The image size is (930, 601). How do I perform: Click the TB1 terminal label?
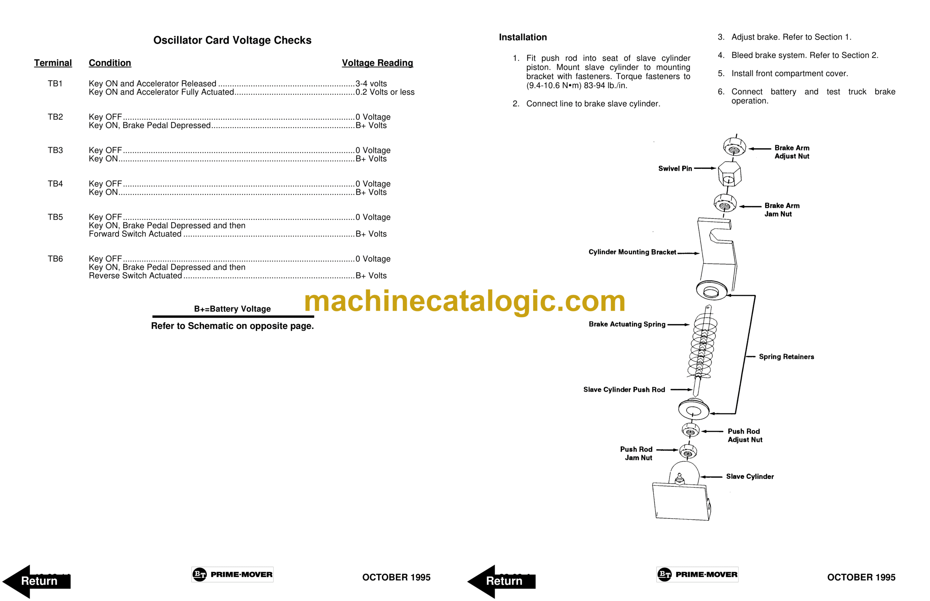(x=55, y=83)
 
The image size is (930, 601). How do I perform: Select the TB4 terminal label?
(x=55, y=184)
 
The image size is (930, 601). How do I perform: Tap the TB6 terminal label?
(x=55, y=259)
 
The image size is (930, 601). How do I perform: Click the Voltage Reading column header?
(x=377, y=63)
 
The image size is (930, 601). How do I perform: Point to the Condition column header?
(x=110, y=63)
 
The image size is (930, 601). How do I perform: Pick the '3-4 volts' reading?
(x=371, y=83)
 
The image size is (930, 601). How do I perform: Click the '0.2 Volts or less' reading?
(x=385, y=92)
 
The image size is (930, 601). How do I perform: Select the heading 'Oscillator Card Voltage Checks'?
(x=232, y=40)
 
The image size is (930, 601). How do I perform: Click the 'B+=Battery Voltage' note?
(x=232, y=309)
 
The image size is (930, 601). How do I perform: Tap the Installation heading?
(x=523, y=37)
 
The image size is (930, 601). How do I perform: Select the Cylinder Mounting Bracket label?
(x=632, y=252)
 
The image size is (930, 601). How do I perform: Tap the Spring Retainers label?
(x=786, y=357)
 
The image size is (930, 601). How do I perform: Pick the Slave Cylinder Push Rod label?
(x=624, y=389)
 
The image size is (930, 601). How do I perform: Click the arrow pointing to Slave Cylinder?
(x=711, y=477)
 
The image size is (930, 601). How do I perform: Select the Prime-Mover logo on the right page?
(x=697, y=574)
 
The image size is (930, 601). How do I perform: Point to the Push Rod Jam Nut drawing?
(x=688, y=451)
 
